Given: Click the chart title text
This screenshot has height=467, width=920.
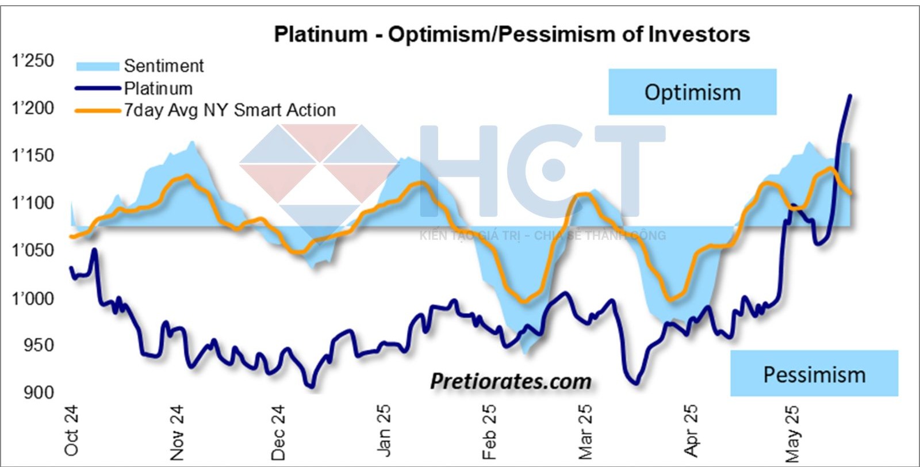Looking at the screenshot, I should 512,35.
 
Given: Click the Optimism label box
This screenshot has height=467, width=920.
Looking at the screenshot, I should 692,92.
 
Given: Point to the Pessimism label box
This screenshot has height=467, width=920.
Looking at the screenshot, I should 814,374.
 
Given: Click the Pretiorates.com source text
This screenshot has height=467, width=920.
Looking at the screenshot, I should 511,381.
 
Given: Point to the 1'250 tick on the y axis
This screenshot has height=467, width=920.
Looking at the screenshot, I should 33,61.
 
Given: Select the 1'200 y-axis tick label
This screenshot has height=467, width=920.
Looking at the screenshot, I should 33,108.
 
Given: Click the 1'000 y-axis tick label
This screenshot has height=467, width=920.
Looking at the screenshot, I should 33,298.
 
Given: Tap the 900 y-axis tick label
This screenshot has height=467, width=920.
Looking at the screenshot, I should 39,393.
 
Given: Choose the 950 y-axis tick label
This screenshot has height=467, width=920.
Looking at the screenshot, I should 39,345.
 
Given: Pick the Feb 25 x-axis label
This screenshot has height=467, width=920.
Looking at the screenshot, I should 489,431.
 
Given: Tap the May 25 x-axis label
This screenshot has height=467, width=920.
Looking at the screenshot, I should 792,433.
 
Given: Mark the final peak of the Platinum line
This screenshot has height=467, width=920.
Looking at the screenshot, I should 850,96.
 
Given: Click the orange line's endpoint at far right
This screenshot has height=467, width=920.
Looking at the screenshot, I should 850,193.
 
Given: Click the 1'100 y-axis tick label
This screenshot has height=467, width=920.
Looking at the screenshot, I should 33,203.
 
